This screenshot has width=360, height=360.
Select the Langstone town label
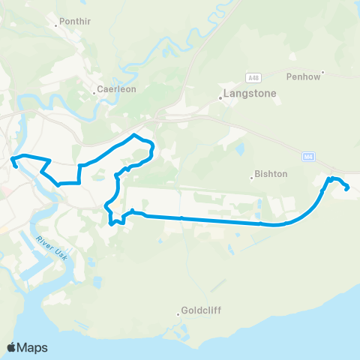coord(250,94)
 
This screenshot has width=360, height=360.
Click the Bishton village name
coord(271,173)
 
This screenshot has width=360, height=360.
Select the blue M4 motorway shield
coord(308,156)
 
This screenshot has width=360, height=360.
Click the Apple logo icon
coord(12,347)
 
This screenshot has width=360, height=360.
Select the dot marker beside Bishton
coord(252,178)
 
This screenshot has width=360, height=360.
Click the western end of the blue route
coord(16,166)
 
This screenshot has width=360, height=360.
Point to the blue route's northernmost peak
coord(134,135)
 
